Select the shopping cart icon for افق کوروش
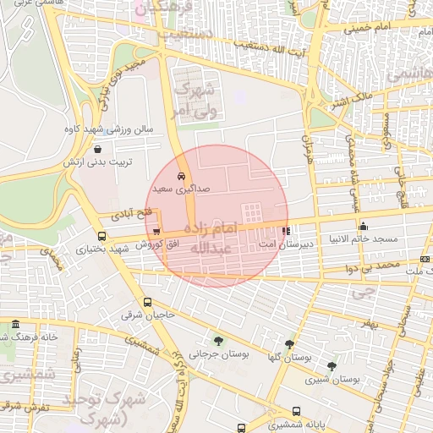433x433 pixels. pos(157,231)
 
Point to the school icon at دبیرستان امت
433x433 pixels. pos(286,230)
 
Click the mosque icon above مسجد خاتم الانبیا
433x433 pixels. pos(364,226)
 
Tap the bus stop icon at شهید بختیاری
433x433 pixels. pos(102,237)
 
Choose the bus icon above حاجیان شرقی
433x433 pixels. pos(148,302)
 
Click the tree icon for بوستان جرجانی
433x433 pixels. pos(218,342)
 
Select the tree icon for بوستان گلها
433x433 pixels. pos(290,344)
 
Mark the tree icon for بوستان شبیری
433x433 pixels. pos(332,366)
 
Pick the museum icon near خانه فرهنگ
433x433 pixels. pos(15,325)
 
